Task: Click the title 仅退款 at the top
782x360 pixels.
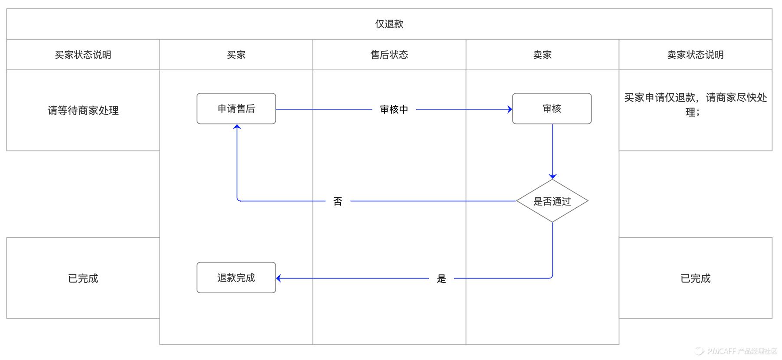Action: (389, 24)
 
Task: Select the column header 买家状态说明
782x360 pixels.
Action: (83, 55)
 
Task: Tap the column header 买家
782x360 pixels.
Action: (236, 55)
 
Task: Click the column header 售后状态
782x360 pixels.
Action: (389, 55)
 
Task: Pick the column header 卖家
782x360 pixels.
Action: (542, 55)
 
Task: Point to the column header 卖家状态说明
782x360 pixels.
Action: (695, 55)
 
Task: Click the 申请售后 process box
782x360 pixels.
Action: (236, 108)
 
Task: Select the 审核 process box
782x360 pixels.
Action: (552, 108)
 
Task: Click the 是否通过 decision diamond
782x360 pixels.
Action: (552, 201)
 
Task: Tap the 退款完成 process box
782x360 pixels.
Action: (236, 278)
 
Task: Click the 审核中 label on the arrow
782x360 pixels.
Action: (394, 109)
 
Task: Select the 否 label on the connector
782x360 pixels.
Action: (338, 201)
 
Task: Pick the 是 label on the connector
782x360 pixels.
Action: (441, 278)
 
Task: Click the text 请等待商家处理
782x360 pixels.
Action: (83, 111)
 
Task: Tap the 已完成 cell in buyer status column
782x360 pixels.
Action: (83, 278)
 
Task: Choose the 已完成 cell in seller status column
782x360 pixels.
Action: (695, 278)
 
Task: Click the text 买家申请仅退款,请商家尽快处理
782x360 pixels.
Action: (695, 105)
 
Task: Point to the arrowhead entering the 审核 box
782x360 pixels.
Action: (510, 109)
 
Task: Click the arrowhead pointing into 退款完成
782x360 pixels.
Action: (279, 278)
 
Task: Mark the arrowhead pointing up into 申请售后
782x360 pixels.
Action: (237, 127)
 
